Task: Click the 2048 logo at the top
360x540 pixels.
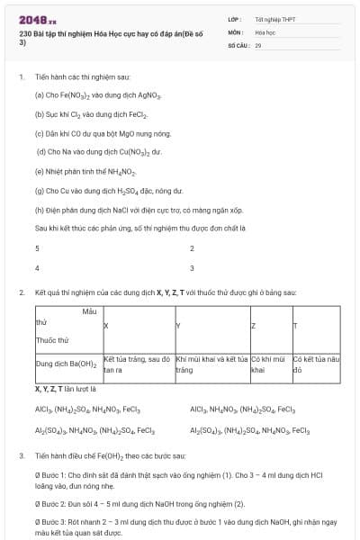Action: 38,19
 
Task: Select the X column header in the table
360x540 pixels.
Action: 106,325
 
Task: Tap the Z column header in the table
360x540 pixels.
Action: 253,325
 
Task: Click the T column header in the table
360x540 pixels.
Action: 295,325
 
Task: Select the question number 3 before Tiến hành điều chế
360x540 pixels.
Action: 21,455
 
